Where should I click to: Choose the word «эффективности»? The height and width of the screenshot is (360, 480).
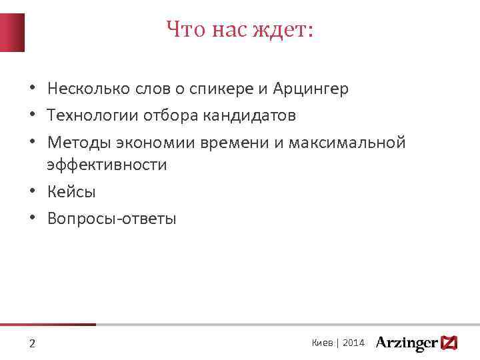pyautogui.click(x=107, y=165)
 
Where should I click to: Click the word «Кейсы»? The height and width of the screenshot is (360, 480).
pyautogui.click(x=71, y=192)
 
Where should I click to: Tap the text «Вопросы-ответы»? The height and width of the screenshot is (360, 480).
pyautogui.click(x=112, y=219)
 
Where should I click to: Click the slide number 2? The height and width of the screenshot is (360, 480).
pyautogui.click(x=32, y=344)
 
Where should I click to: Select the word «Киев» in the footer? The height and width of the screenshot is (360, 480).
pyautogui.click(x=323, y=343)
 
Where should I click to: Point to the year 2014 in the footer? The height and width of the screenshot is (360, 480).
pyautogui.click(x=354, y=343)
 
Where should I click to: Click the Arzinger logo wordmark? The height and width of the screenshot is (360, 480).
pyautogui.click(x=406, y=343)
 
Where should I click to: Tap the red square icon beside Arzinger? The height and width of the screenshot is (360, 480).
pyautogui.click(x=449, y=343)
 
